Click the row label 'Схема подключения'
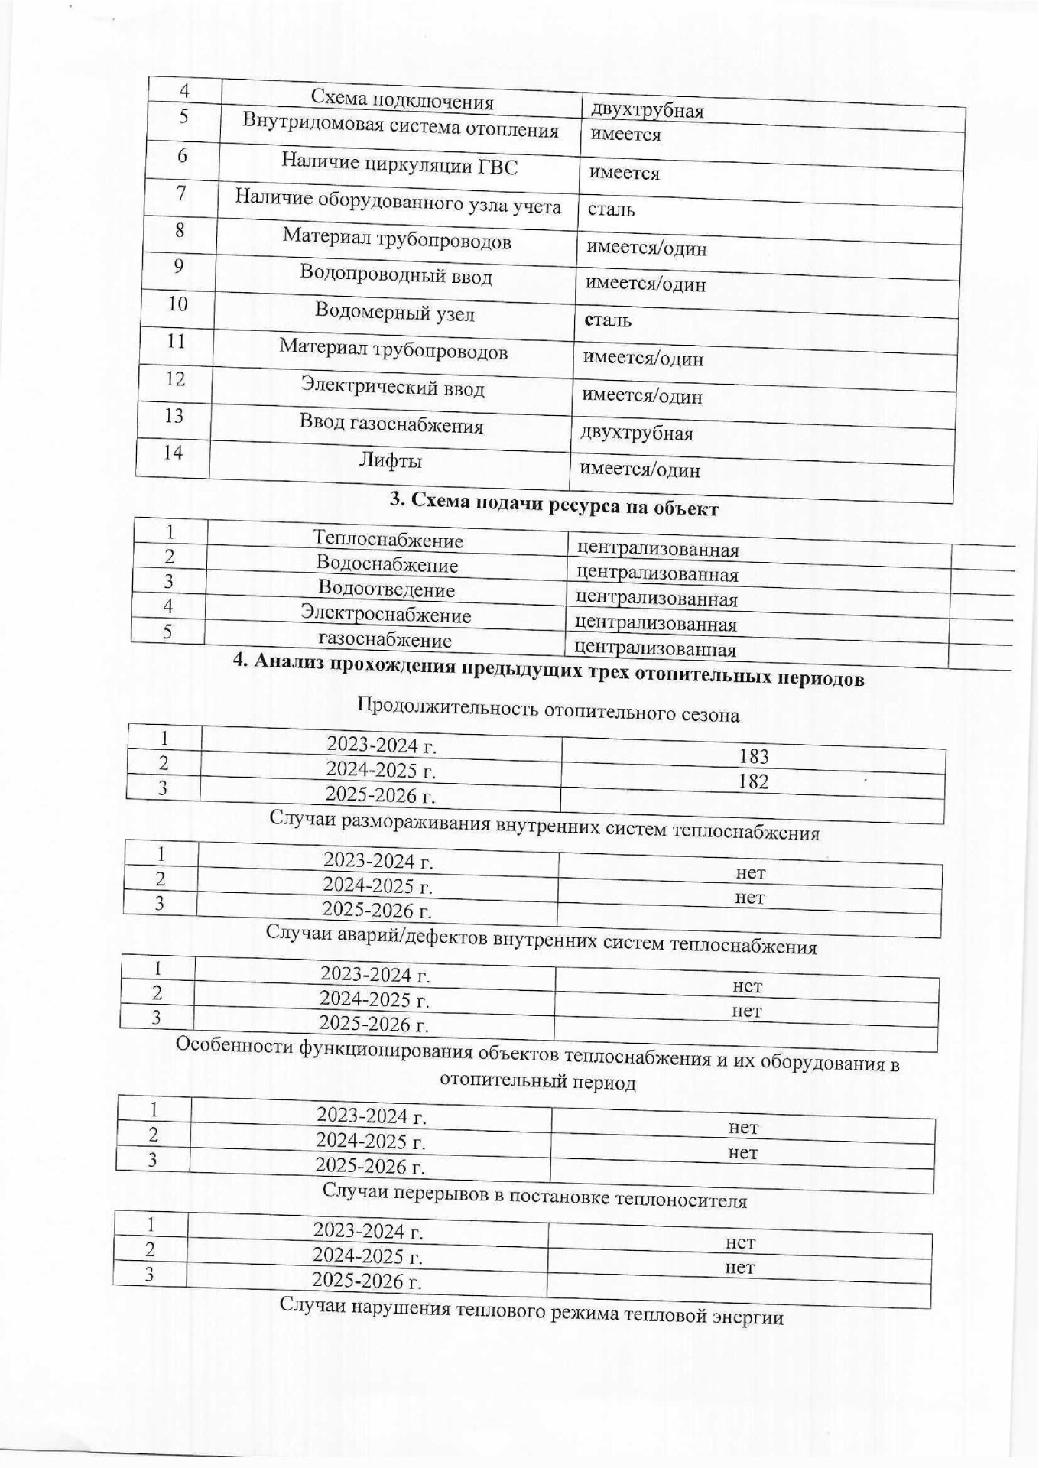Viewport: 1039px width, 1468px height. coord(401,101)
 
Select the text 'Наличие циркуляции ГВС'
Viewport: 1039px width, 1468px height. coord(399,164)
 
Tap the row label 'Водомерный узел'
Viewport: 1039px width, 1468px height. coord(394,313)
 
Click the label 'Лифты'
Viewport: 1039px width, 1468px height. coord(391,461)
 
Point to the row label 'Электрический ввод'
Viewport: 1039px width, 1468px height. coord(392,388)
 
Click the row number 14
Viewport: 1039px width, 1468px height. coord(173,453)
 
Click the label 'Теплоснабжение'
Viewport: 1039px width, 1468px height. coord(388,540)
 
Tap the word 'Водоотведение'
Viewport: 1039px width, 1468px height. coord(386,589)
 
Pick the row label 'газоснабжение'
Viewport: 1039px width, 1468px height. coord(385,640)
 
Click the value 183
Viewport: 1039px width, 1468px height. coord(754,757)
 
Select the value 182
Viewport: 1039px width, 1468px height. coord(753,782)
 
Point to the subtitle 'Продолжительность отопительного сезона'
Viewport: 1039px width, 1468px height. coord(548,710)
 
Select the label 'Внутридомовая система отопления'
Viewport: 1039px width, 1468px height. coord(400,126)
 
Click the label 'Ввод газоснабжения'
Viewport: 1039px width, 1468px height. coord(391,424)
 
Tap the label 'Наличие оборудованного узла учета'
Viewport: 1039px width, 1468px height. coord(398,202)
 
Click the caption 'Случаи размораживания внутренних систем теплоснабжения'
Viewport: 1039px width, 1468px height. coord(544,827)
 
